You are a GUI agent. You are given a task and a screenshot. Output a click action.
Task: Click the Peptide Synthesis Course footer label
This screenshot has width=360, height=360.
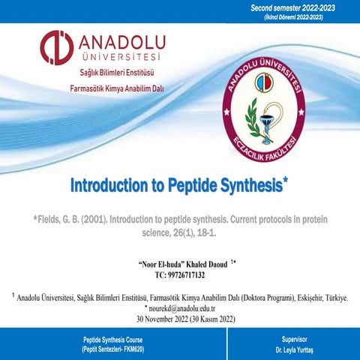coord(112,339)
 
